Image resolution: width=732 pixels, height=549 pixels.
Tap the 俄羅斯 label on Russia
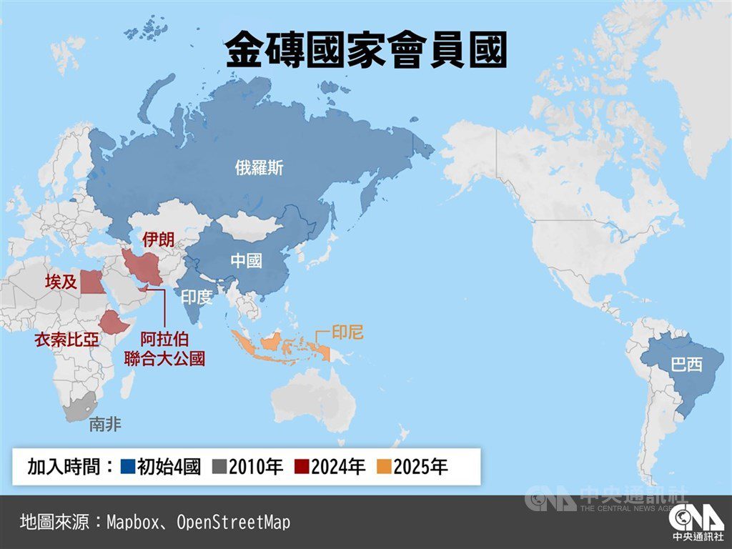[259, 168]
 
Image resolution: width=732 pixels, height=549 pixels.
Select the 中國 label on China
[245, 261]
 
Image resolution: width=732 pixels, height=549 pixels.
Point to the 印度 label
[197, 297]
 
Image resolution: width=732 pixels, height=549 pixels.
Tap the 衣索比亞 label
[66, 340]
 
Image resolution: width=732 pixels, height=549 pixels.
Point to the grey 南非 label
[105, 425]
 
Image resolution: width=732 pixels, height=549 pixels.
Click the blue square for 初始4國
[128, 468]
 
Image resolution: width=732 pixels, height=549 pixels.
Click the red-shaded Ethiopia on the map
[113, 322]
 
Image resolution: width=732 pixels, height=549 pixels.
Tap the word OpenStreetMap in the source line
[233, 523]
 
